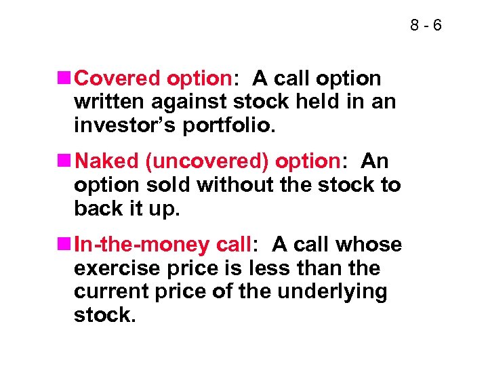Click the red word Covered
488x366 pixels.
(x=119, y=79)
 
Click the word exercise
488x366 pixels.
(x=114, y=268)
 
